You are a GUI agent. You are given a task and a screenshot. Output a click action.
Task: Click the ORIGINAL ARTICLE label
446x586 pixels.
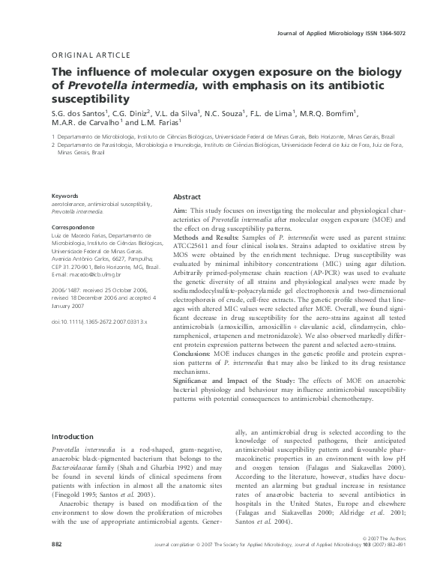coord(91,55)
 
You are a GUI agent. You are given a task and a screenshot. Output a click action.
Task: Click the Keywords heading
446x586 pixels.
coord(66,196)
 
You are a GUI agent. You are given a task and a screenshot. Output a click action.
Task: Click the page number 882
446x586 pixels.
coord(57,563)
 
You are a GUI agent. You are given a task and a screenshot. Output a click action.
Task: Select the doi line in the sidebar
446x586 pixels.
coord(99,321)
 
